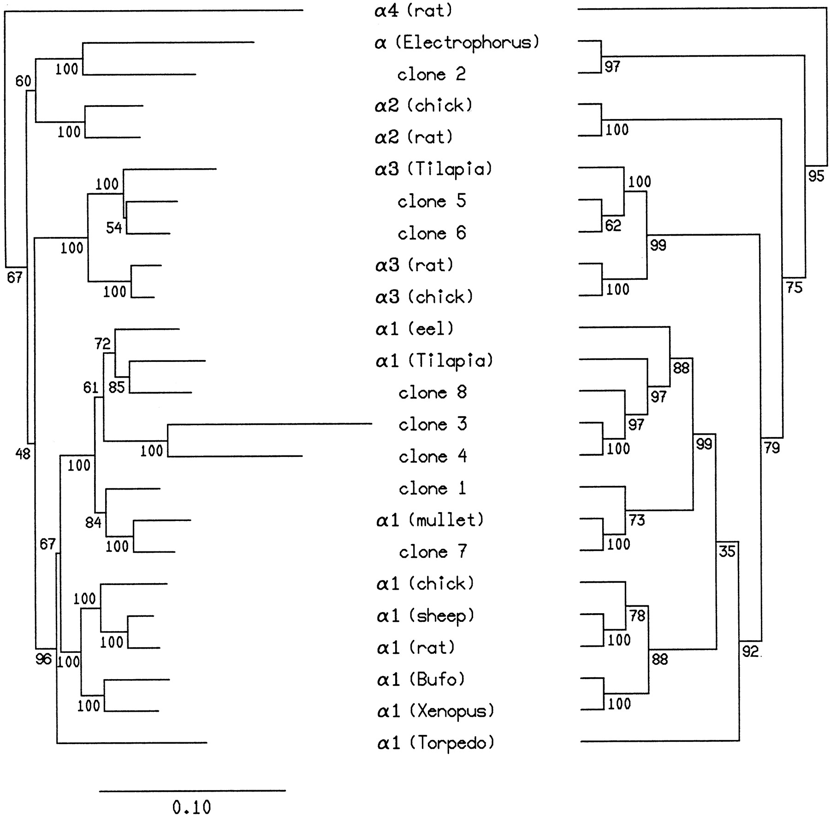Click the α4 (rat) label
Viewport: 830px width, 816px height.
413,11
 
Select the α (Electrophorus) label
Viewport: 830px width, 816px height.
456,43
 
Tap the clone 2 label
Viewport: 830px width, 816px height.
432,75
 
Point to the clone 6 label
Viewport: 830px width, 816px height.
432,234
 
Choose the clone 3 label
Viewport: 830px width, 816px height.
433,425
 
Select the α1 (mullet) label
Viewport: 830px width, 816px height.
430,520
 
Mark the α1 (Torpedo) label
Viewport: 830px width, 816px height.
436,743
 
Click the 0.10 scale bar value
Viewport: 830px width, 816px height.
192,808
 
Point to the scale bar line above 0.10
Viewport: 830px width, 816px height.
192,791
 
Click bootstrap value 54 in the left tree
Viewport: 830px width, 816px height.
114,227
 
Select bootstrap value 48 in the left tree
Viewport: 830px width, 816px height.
23,454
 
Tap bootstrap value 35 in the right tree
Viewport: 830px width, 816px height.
727,551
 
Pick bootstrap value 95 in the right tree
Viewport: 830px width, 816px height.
816,176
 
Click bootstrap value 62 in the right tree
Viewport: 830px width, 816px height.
613,225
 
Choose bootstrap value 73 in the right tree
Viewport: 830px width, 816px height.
637,520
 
